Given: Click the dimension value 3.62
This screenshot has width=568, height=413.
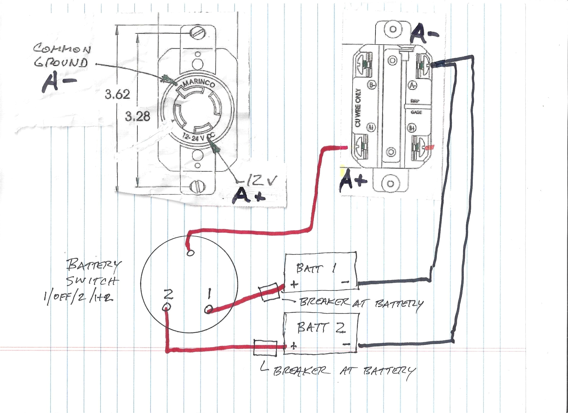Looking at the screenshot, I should tap(117, 95).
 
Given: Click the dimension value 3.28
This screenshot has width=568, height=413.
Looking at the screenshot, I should tap(137, 116).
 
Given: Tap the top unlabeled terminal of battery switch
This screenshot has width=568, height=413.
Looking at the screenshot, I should tap(190, 253).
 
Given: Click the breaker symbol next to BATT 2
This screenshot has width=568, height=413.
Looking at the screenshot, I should tap(266, 348).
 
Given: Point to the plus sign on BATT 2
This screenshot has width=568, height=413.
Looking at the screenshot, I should tap(294, 346).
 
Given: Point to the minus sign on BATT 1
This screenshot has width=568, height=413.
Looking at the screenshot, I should tap(345, 282).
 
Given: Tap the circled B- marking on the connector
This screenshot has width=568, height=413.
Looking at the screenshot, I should tap(372, 86).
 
